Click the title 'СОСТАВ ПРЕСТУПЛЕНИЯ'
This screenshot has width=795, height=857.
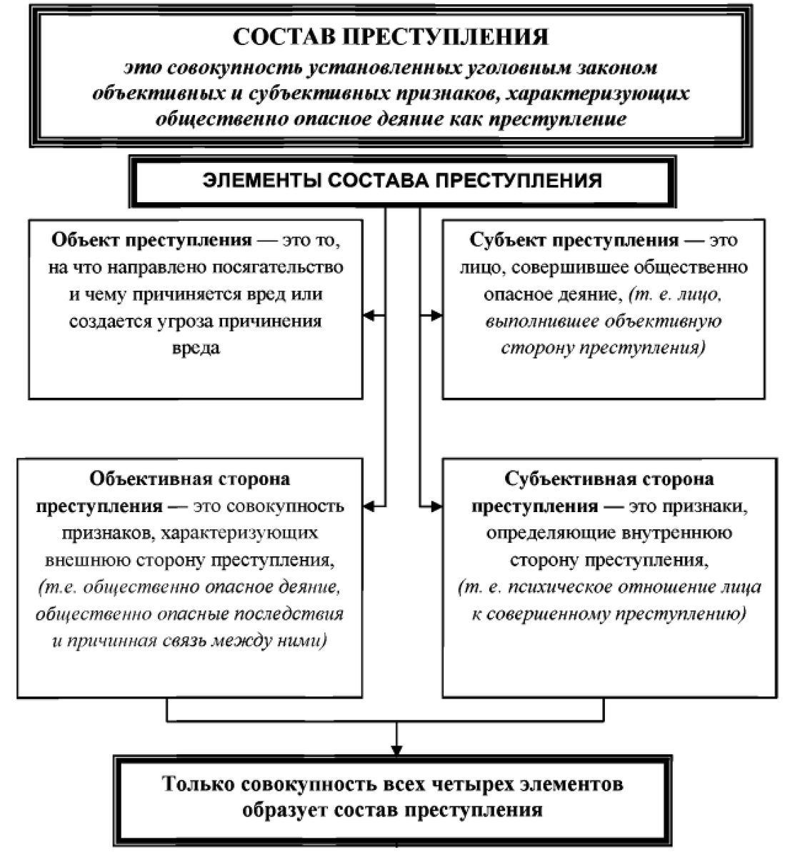pyautogui.click(x=391, y=37)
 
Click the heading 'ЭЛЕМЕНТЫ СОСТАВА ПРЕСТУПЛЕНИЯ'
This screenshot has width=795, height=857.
pyautogui.click(x=401, y=180)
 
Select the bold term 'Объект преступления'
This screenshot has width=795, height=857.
pyautogui.click(x=151, y=240)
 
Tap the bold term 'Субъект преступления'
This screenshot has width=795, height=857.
pyautogui.click(x=574, y=240)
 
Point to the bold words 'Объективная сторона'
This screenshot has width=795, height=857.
pyautogui.click(x=190, y=478)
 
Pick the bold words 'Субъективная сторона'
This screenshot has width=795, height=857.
pyautogui.click(x=609, y=478)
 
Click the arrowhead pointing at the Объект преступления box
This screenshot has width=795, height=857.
pyautogui.click(x=369, y=315)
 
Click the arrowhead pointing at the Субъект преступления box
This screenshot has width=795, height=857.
pyautogui.click(x=436, y=315)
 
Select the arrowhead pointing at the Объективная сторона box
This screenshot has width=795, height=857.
pyautogui.click(x=369, y=506)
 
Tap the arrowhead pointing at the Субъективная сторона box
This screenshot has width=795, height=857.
pyautogui.click(x=436, y=506)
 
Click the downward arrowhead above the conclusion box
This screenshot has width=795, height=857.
pyautogui.click(x=397, y=748)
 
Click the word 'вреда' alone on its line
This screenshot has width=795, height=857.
pyautogui.click(x=196, y=349)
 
